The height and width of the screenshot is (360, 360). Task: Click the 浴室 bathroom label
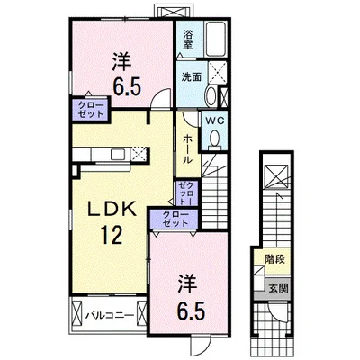point(188,39)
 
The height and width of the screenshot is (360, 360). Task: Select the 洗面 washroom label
point(189,77)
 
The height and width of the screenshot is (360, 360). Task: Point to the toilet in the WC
point(215,134)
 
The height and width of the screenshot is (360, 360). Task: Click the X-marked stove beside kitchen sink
point(138,155)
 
